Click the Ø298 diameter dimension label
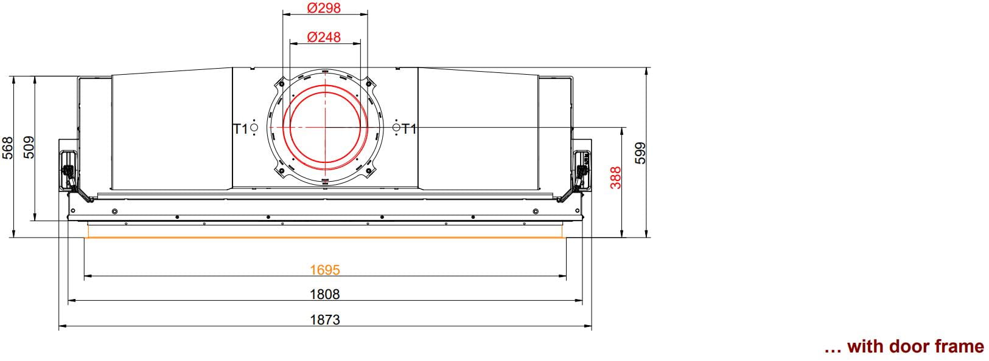[x=324, y=8]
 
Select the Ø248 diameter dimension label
[x=324, y=37]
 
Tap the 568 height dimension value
[x=7, y=148]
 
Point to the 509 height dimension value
[x=28, y=148]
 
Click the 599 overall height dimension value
[x=640, y=153]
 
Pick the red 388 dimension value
[x=615, y=177]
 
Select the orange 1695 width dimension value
[x=325, y=270]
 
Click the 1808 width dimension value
[x=325, y=294]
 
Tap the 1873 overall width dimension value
[x=325, y=320]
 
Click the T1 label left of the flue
[x=240, y=129]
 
